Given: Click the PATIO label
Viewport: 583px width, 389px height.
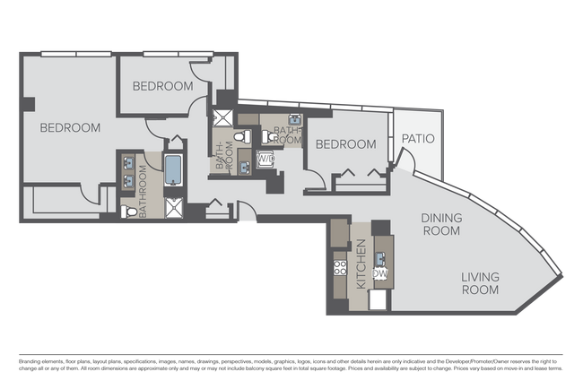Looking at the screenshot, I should tap(417, 139).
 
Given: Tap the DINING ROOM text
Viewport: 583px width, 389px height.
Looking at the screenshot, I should tap(440, 224).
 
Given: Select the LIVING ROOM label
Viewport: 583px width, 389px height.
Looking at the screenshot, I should tap(480, 283).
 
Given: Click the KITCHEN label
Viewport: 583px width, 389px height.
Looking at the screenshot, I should tap(361, 270).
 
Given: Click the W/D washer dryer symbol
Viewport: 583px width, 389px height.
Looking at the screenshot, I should tap(266, 160).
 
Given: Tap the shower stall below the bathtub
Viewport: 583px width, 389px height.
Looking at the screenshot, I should tap(172, 208).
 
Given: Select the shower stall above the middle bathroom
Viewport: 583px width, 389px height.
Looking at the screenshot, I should tap(221, 119).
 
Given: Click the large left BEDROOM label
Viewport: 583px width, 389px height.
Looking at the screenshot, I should tap(69, 127).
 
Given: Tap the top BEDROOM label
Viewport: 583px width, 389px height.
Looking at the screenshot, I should tap(162, 86).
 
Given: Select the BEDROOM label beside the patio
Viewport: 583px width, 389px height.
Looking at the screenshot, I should tap(345, 143).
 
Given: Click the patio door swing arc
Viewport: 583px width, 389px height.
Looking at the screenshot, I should tap(404, 161).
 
